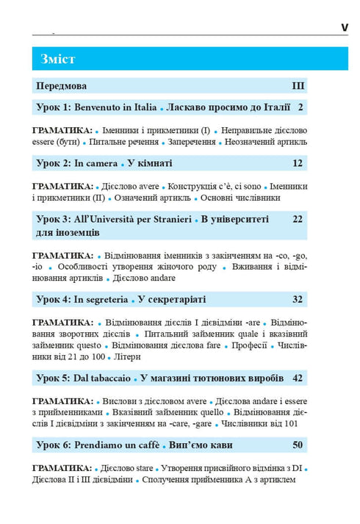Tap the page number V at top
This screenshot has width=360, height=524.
pos(343,28)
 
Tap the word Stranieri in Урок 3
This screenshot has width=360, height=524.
pos(170,218)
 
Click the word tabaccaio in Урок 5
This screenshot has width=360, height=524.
pos(111,378)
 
